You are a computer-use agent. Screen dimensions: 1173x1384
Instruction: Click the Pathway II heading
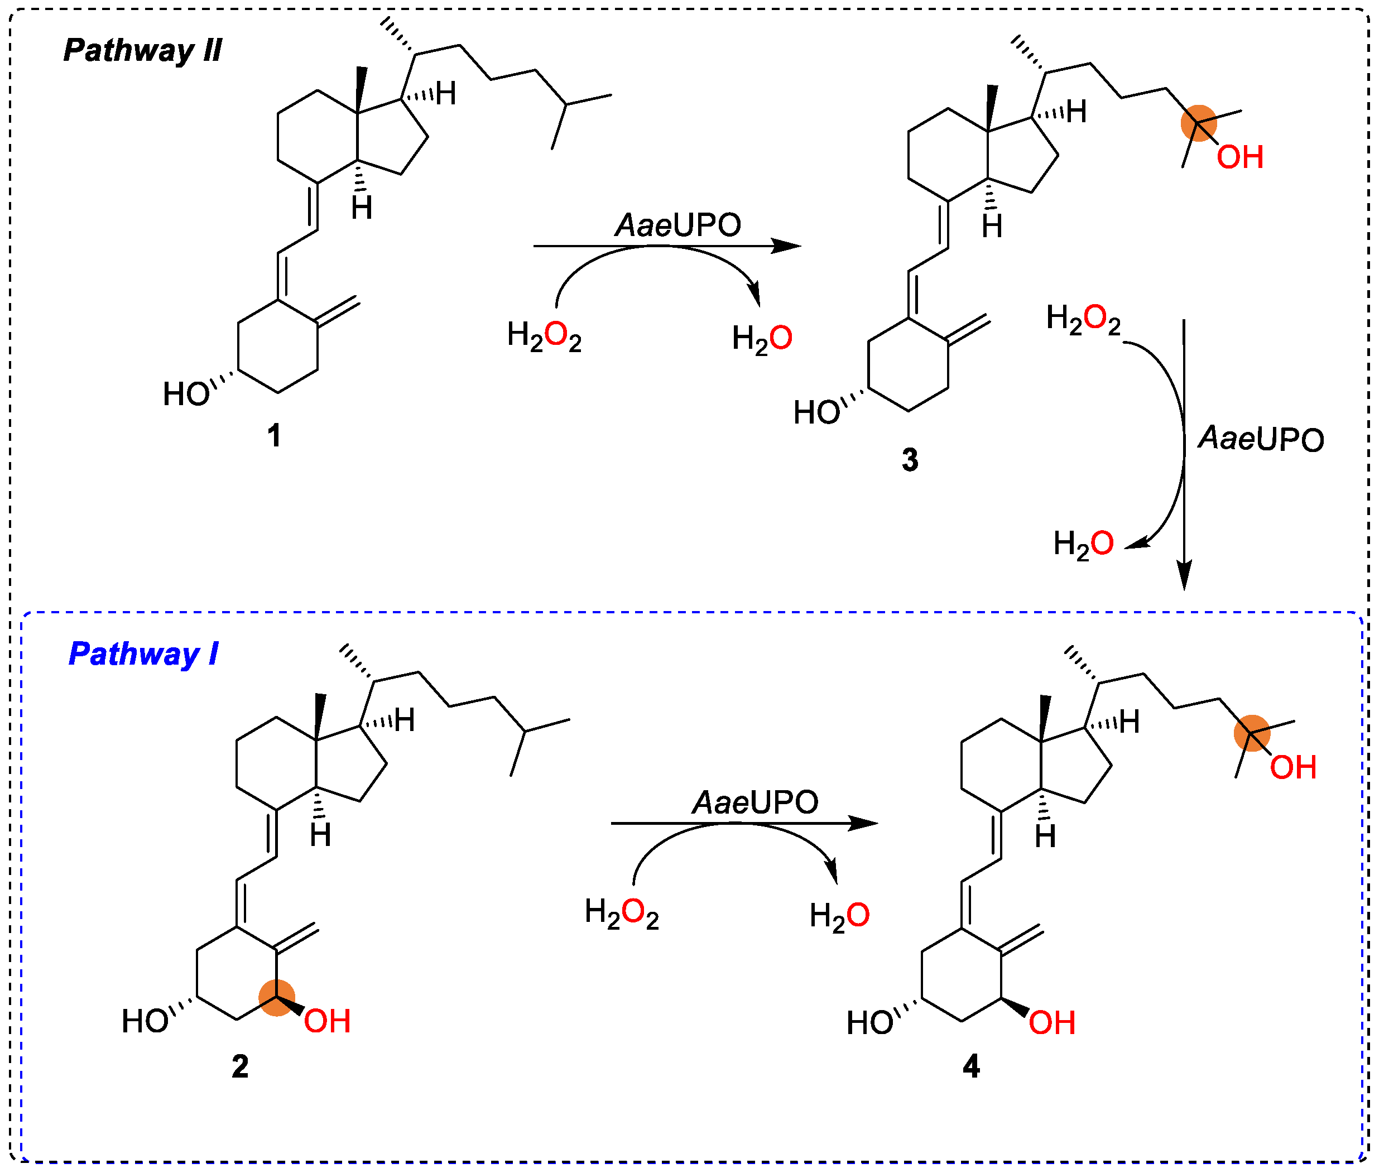point(142,51)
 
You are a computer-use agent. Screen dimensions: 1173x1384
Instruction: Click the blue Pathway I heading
point(143,655)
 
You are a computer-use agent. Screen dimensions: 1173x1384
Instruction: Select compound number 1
point(274,436)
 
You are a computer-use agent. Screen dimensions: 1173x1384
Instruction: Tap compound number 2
point(240,1066)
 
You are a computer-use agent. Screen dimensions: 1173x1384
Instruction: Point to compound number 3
point(910,459)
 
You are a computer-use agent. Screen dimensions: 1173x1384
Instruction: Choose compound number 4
point(971,1066)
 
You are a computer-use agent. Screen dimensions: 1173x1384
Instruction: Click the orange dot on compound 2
point(277,997)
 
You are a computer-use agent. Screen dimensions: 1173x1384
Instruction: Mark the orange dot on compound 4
point(1252,733)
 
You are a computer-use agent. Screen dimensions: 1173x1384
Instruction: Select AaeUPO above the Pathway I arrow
point(755,802)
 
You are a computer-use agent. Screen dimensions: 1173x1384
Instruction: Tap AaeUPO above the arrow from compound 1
point(677,225)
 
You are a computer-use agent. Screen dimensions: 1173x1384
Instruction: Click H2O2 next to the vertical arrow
point(1083,319)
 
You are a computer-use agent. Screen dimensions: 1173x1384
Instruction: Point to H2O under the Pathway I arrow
point(839,916)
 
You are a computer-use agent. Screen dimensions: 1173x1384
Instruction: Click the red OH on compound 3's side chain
point(1239,157)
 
